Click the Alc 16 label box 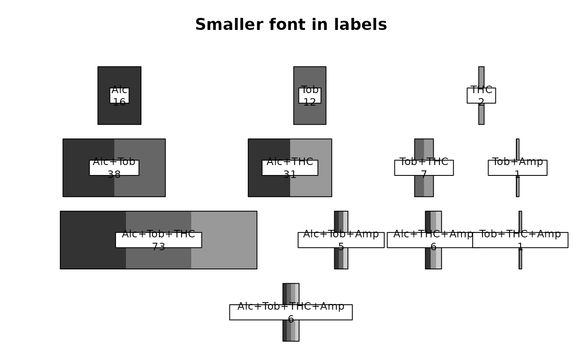119,96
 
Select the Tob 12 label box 310,96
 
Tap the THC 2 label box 481,96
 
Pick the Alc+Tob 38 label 114,168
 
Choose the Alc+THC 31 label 290,168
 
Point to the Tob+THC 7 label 424,168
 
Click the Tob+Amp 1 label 517,168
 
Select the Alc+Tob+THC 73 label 158,240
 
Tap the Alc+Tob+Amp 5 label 341,240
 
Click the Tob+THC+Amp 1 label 520,240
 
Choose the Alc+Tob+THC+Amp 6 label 291,313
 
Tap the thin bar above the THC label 481,77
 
